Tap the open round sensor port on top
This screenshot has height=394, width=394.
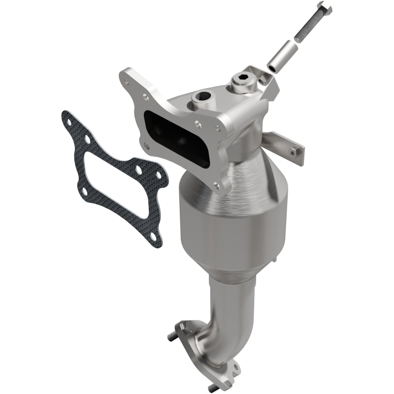point(201,97)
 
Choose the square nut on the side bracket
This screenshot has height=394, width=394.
point(294,153)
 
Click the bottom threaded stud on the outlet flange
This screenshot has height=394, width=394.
point(213,388)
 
